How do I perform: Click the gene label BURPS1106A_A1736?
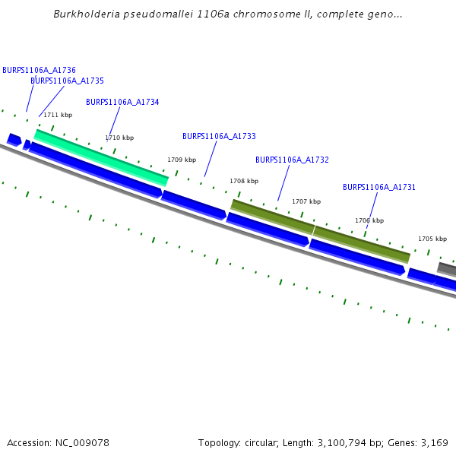39,70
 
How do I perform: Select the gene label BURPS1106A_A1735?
67,81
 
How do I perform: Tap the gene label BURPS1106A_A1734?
122,102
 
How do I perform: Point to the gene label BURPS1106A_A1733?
219,136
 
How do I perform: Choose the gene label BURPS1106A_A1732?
292,160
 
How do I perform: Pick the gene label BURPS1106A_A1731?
379,187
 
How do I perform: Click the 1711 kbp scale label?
58,115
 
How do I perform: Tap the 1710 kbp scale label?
119,138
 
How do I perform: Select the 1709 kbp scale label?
182,160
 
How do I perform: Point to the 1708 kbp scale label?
244,181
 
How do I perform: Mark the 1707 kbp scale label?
306,201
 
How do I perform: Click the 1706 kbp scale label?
369,220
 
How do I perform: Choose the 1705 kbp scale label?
432,239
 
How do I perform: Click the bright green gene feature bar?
101,157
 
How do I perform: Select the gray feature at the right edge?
447,268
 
